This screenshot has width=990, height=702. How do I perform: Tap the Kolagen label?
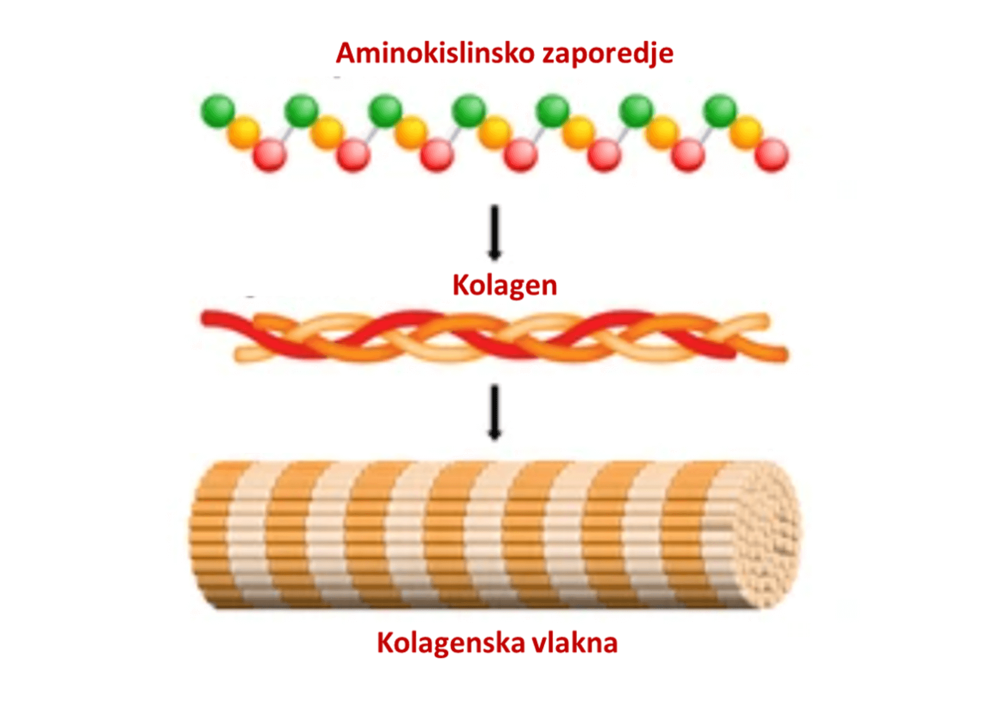tap(504, 285)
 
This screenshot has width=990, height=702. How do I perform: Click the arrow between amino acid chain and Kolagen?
tap(494, 232)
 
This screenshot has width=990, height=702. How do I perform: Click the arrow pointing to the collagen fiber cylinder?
tap(494, 412)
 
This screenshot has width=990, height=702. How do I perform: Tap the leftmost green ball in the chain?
tap(218, 111)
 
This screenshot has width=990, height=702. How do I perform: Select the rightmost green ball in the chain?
tap(720, 111)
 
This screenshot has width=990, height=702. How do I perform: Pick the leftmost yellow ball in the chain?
tap(244, 132)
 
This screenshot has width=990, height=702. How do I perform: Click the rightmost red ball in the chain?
tap(771, 155)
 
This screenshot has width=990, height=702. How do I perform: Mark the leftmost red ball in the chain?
tap(270, 155)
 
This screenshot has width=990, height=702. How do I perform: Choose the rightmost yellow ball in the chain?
tap(746, 132)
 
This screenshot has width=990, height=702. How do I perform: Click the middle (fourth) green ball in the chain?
tap(469, 111)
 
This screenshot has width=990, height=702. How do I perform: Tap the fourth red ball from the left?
tap(520, 155)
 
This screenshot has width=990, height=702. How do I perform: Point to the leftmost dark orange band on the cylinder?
tap(212, 535)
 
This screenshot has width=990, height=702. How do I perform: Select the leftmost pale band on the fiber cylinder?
tap(249, 535)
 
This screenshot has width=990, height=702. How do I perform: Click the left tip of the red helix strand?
tap(204, 318)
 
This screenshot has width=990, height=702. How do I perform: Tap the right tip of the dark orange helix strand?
tap(785, 355)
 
